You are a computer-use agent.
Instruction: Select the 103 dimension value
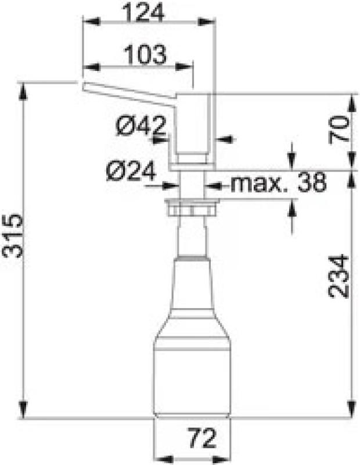point(145,55)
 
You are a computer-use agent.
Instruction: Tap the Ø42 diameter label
point(140,124)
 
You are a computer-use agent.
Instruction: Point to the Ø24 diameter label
point(131,171)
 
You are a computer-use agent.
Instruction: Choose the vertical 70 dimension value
point(340,129)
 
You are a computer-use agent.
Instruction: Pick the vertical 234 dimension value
point(340,276)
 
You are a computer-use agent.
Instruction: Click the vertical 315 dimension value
point(13,235)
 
